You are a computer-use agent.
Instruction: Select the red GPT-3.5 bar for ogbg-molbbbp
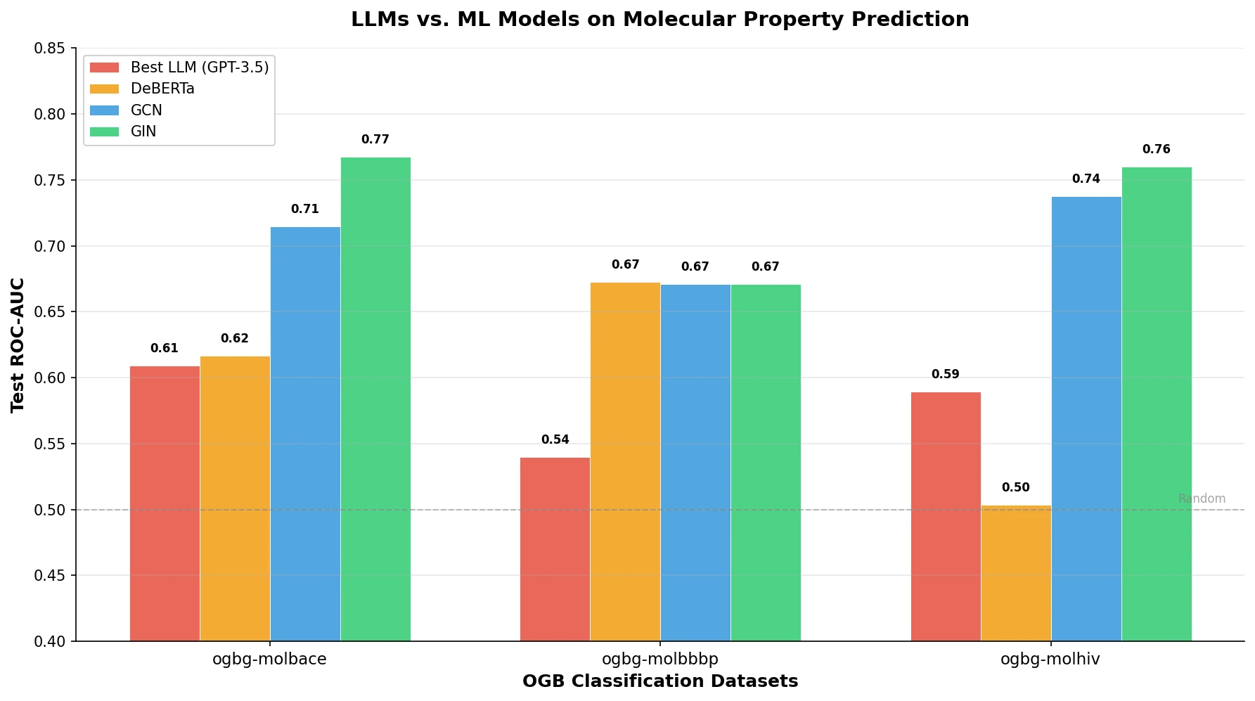[555, 549]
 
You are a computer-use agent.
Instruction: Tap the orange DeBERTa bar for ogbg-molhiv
[1015, 573]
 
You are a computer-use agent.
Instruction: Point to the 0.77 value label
[375, 139]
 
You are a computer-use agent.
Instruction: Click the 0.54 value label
[555, 439]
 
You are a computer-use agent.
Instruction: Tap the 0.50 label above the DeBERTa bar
[1015, 487]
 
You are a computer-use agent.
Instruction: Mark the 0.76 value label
[1156, 149]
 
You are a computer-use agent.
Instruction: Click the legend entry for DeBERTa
[162, 89]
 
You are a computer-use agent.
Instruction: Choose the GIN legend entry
[143, 131]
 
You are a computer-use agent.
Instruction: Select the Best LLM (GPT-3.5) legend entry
[199, 67]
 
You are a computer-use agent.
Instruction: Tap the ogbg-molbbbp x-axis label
[659, 659]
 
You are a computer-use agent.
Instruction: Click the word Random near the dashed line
[1202, 499]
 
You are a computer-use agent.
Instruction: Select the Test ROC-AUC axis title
[18, 345]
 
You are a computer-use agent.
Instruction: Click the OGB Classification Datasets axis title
[659, 681]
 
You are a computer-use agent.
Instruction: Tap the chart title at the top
[659, 19]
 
